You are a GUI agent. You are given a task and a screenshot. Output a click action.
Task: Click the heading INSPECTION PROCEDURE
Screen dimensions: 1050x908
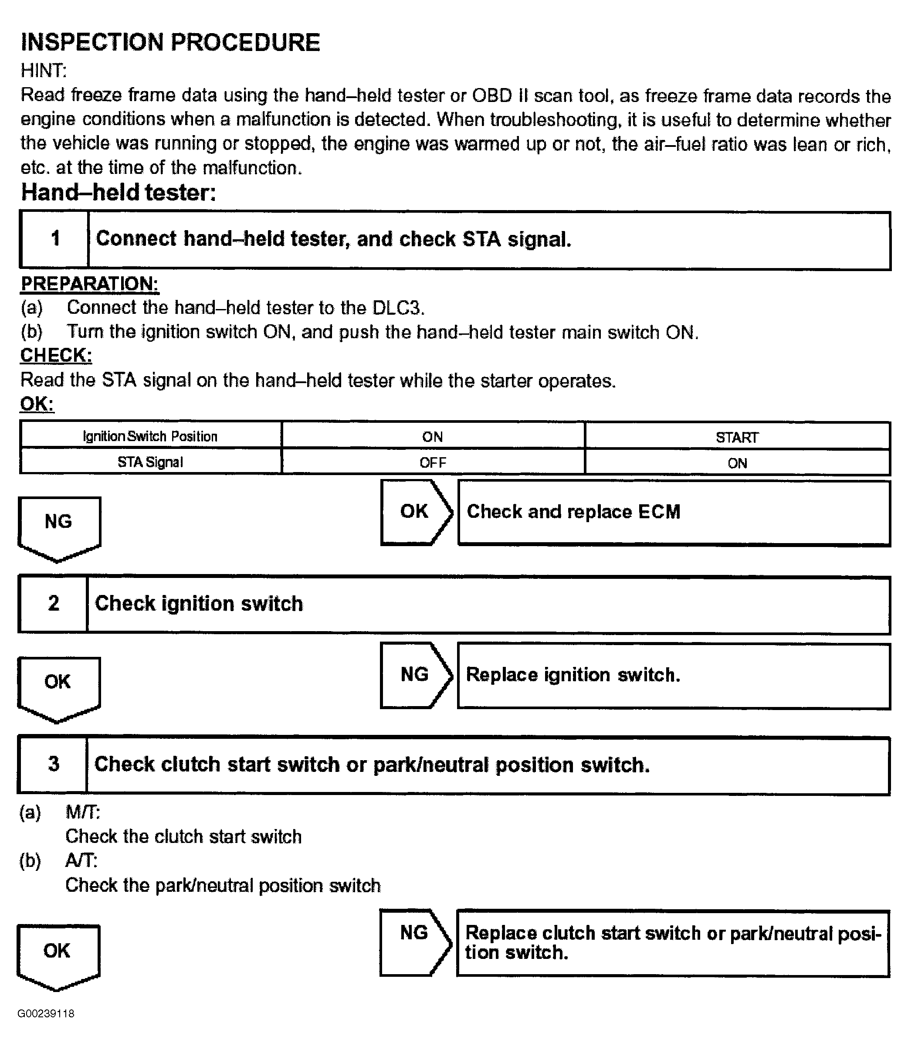point(170,42)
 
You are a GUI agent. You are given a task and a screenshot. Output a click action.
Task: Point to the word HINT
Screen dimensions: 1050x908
point(43,71)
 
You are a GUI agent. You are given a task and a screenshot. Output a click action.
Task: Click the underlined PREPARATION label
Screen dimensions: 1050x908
point(90,284)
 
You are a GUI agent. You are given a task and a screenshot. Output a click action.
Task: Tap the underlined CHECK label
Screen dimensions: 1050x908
point(56,355)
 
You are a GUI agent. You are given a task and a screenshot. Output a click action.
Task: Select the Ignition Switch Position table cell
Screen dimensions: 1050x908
point(150,436)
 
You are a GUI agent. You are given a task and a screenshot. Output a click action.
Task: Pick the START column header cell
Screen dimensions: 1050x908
point(737,437)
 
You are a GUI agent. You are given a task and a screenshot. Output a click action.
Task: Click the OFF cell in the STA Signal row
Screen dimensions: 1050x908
point(433,462)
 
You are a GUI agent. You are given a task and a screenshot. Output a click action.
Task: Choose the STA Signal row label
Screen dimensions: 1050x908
point(150,462)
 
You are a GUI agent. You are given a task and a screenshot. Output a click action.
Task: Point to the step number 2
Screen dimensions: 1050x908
point(54,603)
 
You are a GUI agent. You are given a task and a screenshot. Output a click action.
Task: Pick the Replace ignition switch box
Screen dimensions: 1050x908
point(674,676)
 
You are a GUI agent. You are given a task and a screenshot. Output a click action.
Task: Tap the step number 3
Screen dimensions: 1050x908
point(54,764)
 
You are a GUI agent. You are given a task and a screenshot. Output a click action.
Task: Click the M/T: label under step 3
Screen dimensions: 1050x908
point(83,812)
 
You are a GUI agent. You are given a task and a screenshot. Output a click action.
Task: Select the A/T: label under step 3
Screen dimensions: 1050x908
point(81,860)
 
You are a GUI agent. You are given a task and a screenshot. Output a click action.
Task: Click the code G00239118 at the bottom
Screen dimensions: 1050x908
point(46,1013)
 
